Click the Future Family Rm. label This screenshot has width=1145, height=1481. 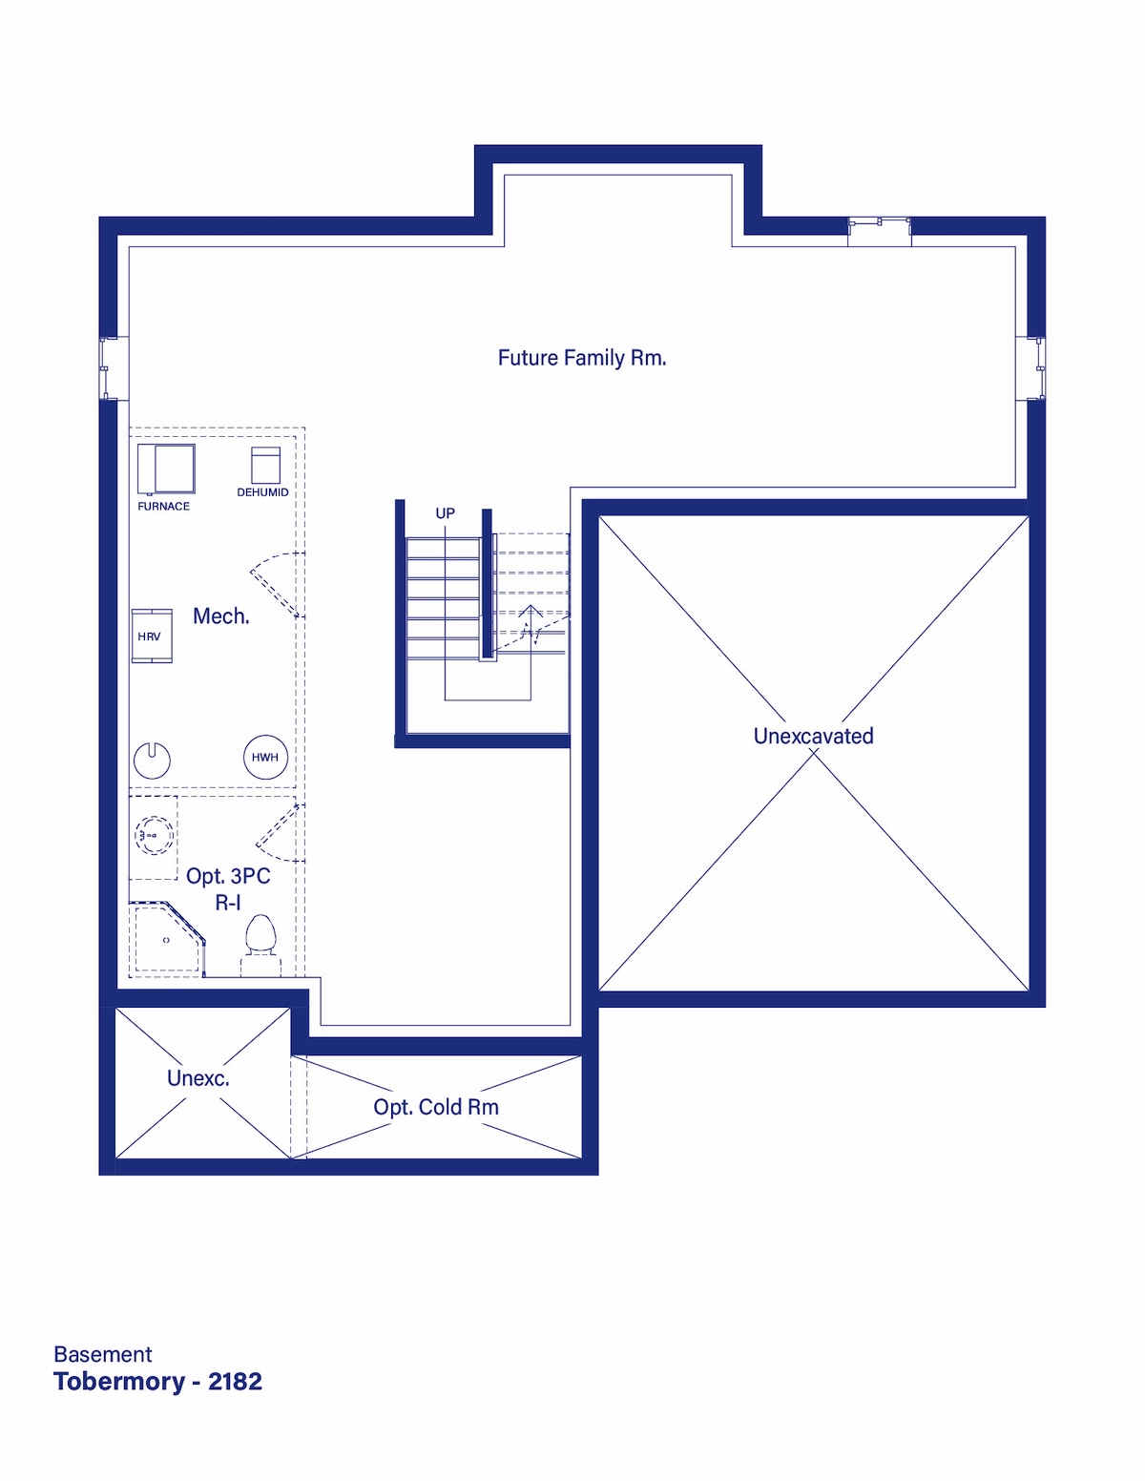point(582,358)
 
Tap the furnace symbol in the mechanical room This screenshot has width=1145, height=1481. point(166,469)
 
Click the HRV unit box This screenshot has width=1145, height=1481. point(152,636)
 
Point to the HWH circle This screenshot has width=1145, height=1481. point(265,757)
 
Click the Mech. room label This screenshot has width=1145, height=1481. point(221,616)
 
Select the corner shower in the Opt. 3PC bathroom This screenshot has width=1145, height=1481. point(167,939)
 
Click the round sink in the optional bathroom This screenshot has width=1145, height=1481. point(155,834)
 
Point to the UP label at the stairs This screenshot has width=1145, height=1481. point(445,513)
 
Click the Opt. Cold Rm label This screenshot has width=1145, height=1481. point(436,1107)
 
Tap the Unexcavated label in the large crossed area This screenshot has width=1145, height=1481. point(813,736)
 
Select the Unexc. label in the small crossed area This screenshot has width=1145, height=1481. point(198,1078)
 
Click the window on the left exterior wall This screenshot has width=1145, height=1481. point(109,367)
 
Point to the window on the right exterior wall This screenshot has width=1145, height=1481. point(1036,367)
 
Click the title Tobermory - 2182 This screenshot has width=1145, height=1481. point(158,1382)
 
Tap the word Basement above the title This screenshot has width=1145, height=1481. point(103,1354)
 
